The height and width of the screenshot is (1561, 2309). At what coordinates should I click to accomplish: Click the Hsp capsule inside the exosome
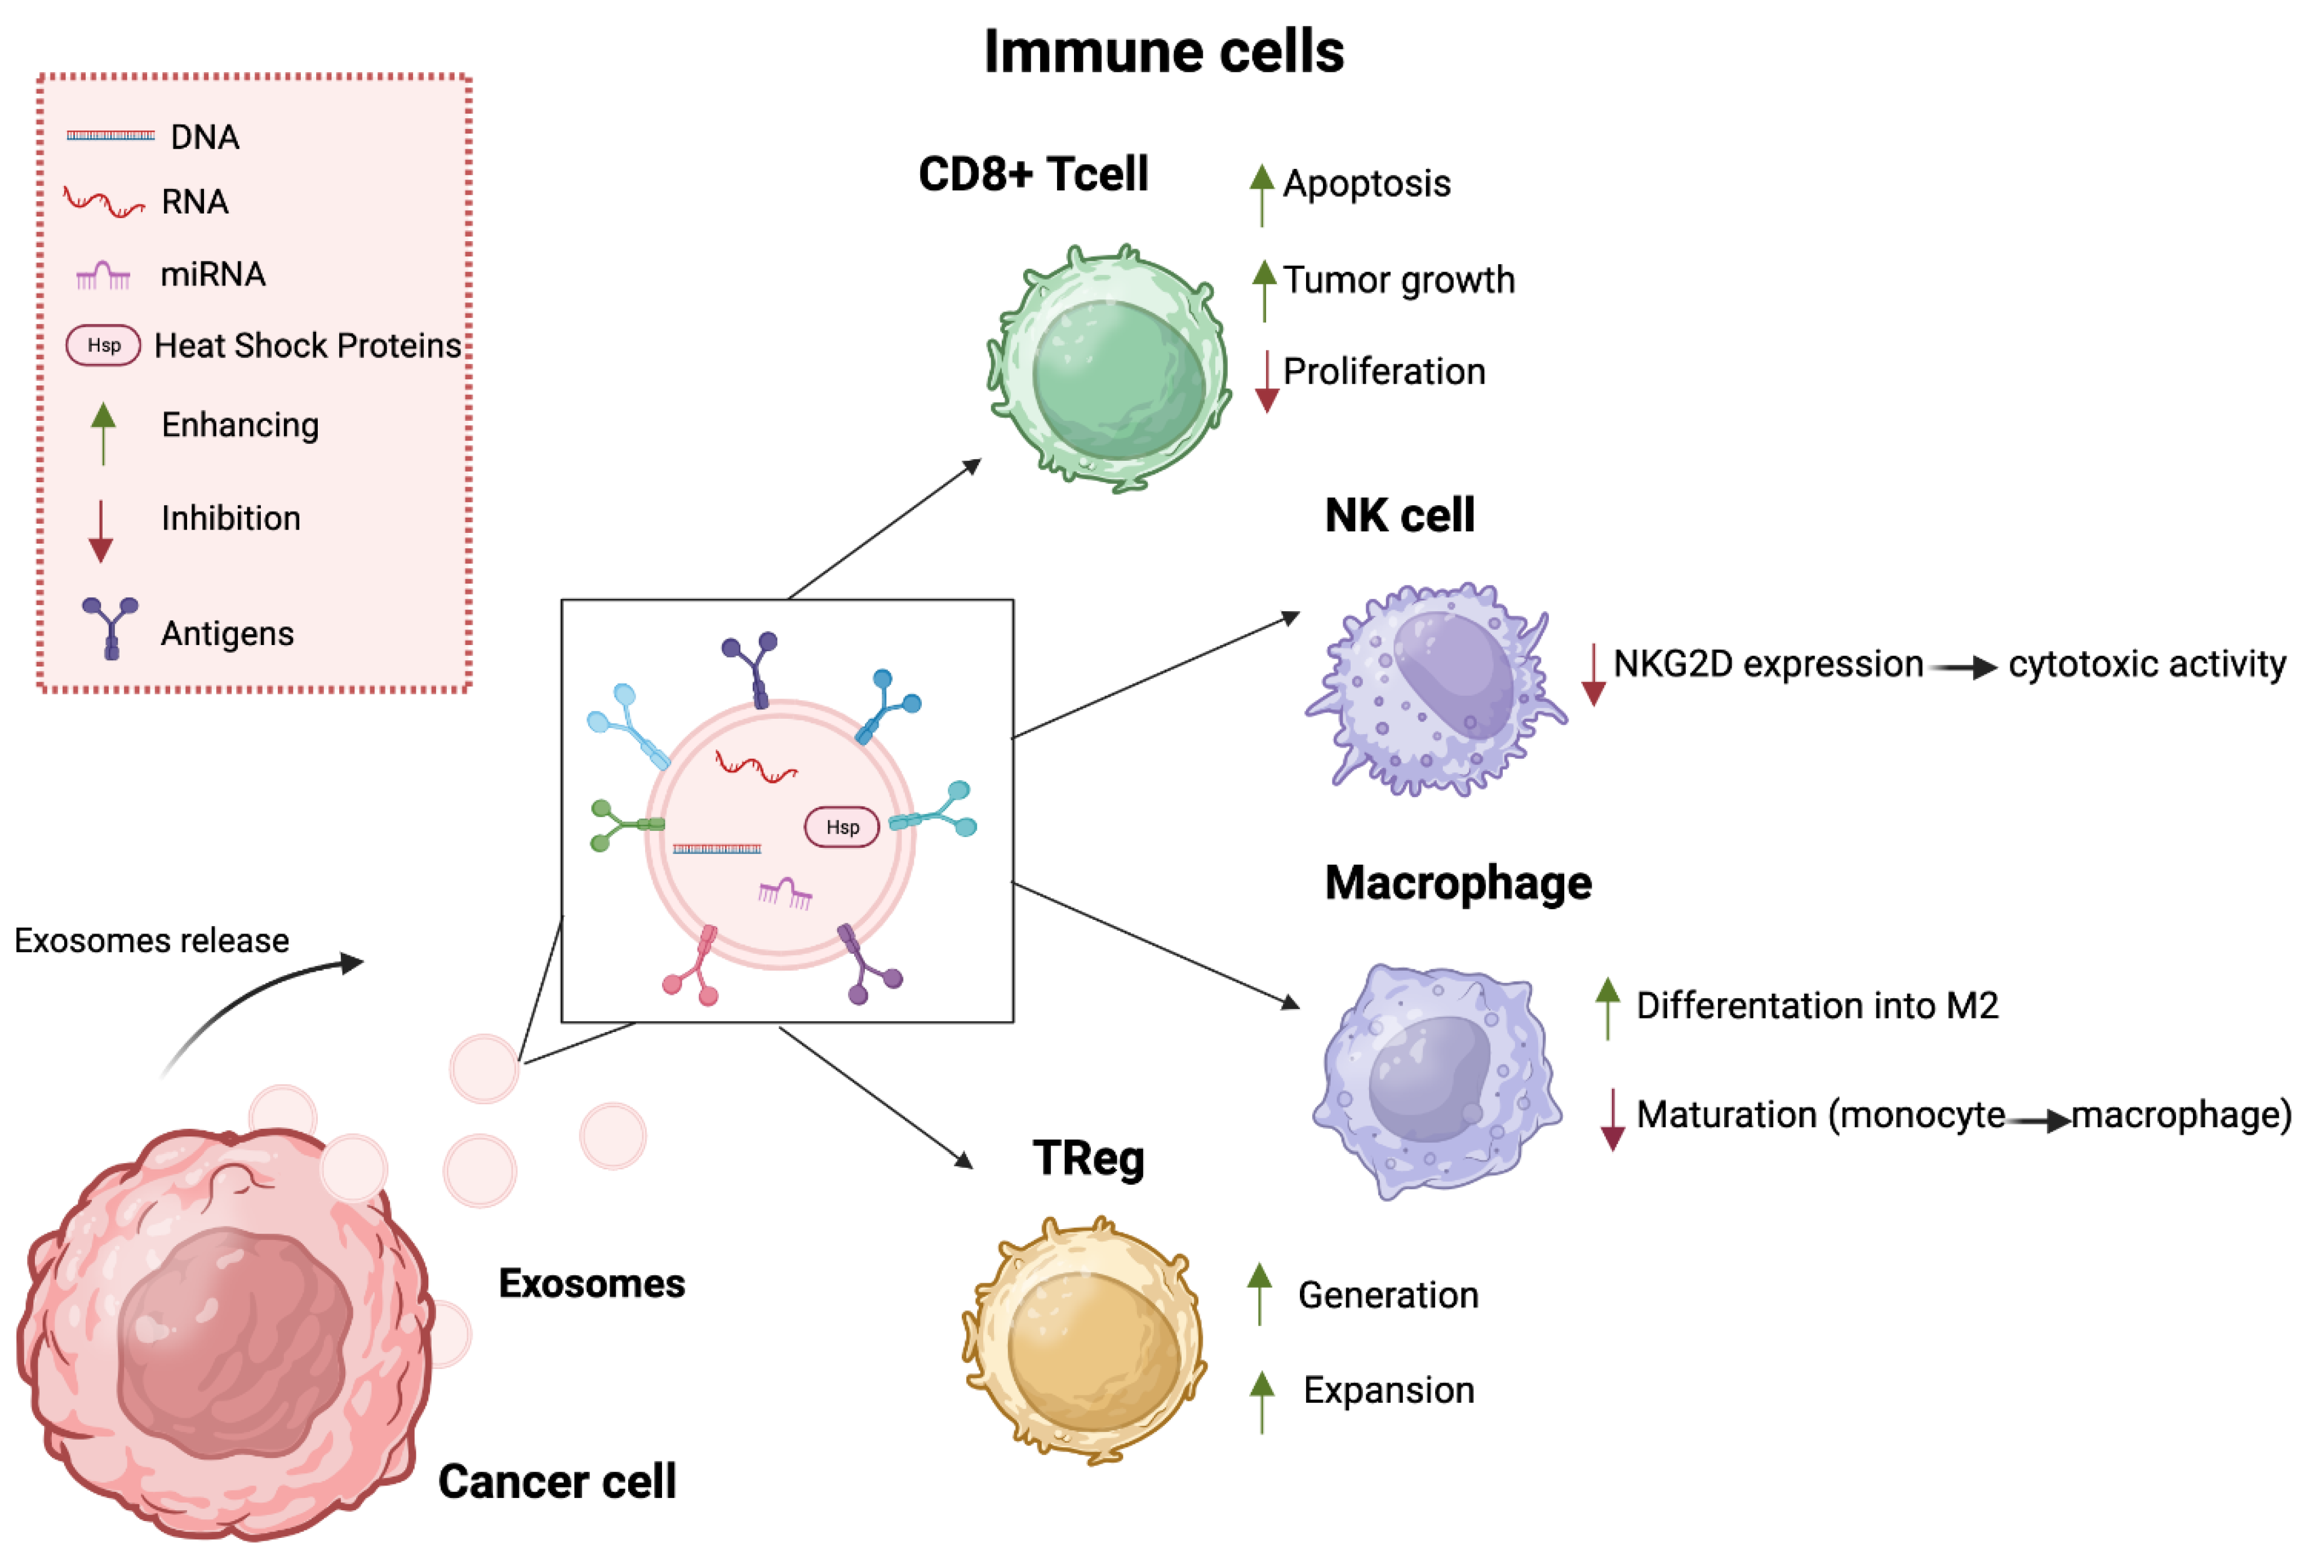pyautogui.click(x=842, y=827)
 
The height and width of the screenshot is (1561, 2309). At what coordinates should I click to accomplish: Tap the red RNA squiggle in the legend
pyautogui.click(x=103, y=202)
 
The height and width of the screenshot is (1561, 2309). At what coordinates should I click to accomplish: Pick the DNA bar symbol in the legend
pyautogui.click(x=110, y=135)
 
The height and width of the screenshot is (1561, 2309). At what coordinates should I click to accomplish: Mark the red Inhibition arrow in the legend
pyautogui.click(x=100, y=531)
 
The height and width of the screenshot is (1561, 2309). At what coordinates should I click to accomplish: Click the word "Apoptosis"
pyautogui.click(x=1366, y=184)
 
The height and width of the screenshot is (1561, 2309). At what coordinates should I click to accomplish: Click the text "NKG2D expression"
pyautogui.click(x=1768, y=664)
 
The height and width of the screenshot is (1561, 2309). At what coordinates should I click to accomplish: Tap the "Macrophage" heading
pyautogui.click(x=1458, y=882)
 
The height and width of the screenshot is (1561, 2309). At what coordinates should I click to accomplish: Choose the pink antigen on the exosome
pyautogui.click(x=694, y=966)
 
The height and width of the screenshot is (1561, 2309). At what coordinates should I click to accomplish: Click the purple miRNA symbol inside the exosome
pyautogui.click(x=785, y=892)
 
